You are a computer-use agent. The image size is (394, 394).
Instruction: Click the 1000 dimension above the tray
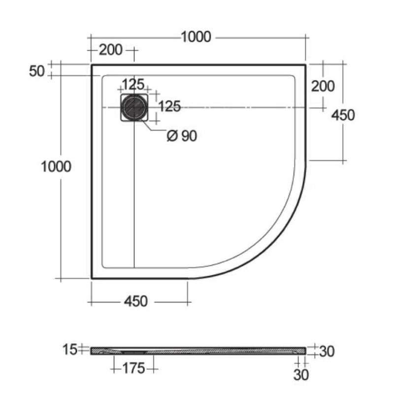click(196, 37)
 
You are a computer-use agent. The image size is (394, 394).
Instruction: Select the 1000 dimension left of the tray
click(56, 166)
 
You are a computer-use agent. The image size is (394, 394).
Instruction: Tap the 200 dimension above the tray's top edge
click(110, 50)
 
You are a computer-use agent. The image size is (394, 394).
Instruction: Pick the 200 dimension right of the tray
click(323, 86)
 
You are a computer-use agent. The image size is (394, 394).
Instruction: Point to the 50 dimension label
click(36, 71)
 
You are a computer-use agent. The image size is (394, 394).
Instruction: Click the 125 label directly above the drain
click(133, 84)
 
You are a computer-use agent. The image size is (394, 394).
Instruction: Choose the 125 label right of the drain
click(169, 106)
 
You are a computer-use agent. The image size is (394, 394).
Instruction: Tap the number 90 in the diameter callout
click(189, 136)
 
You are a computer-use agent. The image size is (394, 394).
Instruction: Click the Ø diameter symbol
click(172, 136)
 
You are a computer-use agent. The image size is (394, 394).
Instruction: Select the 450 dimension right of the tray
click(343, 115)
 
